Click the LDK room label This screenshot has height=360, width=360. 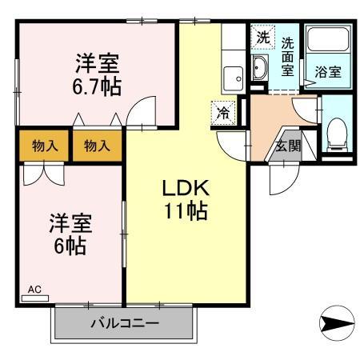(x=186, y=189)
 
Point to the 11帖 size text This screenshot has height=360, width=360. (x=186, y=211)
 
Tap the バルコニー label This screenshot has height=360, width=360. (x=124, y=324)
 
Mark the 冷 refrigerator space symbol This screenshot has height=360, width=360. (x=225, y=113)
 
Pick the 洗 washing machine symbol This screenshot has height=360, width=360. (x=262, y=37)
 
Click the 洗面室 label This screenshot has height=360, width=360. (x=287, y=57)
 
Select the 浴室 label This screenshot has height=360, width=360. (x=327, y=71)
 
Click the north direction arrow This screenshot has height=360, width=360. (x=335, y=324)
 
